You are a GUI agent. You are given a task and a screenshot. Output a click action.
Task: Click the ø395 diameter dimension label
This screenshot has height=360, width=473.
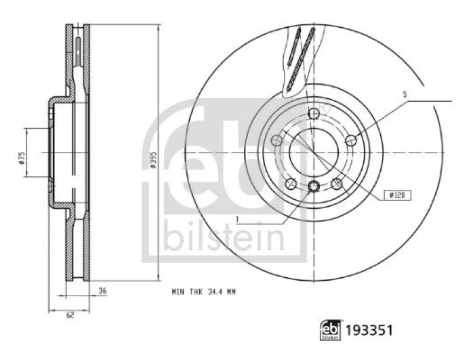point(153,160)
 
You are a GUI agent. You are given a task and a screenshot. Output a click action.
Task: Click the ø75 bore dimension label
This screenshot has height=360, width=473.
point(21,158)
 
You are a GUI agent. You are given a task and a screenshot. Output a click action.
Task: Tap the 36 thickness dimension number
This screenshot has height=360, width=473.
point(102,291)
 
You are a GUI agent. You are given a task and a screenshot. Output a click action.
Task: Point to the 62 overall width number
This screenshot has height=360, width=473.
point(70,315)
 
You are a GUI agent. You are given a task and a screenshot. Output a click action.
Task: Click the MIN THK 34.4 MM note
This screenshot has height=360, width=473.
point(203,292)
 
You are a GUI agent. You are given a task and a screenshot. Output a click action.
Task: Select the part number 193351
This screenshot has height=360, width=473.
point(369,330)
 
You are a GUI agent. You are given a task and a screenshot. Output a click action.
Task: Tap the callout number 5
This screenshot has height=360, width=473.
point(405,95)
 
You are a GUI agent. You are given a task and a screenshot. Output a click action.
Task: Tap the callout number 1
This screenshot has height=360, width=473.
point(237,219)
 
